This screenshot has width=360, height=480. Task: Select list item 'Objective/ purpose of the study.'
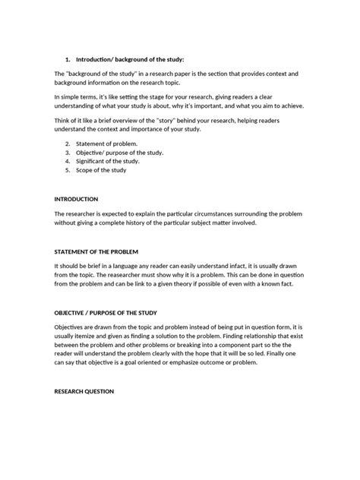119,152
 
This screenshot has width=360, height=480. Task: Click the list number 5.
68,170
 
